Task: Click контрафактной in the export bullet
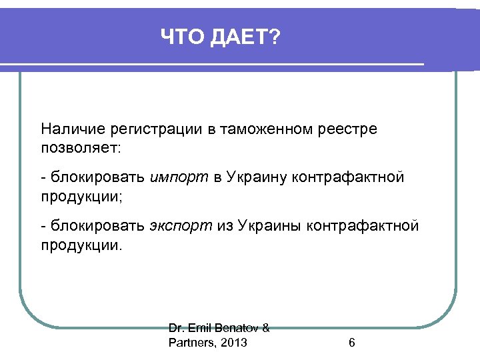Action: point(363,226)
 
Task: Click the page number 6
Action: point(351,343)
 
